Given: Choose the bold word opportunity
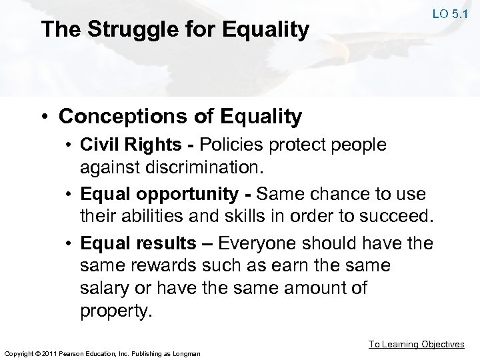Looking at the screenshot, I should tap(187, 195).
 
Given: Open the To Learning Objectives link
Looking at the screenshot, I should tap(417, 344).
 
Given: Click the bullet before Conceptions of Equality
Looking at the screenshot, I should tap(44, 117).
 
